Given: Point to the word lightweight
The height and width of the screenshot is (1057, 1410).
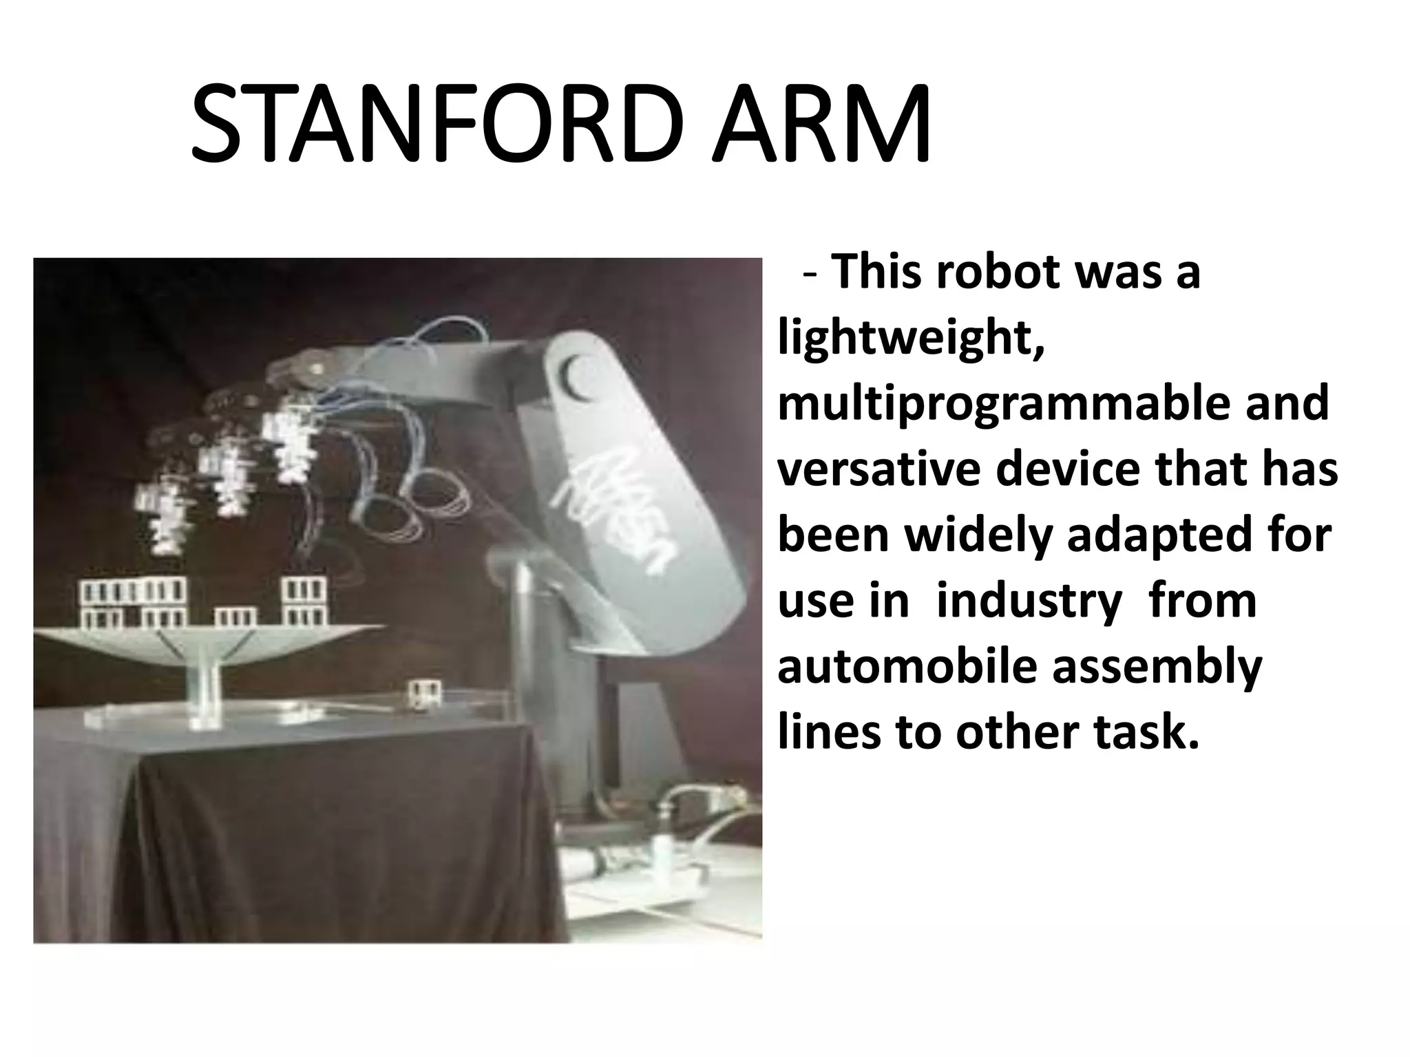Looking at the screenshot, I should pos(910,339).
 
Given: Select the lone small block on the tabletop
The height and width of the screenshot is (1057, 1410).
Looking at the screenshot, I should pos(423,693).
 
